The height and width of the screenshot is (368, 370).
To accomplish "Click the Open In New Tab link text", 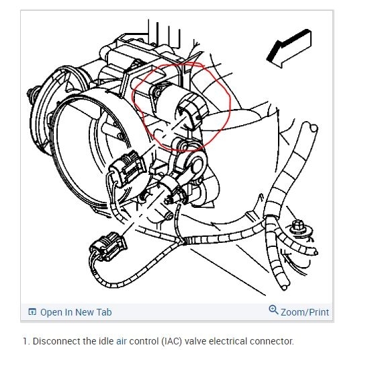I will (76, 312).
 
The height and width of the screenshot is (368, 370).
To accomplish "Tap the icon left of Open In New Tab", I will (32, 312).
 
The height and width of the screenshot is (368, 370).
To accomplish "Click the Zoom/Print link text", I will (305, 312).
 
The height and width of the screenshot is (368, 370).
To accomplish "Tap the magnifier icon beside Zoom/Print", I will (273, 311).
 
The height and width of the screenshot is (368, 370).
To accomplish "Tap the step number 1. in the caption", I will (26, 341).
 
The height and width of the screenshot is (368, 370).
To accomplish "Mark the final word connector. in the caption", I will (277, 341).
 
